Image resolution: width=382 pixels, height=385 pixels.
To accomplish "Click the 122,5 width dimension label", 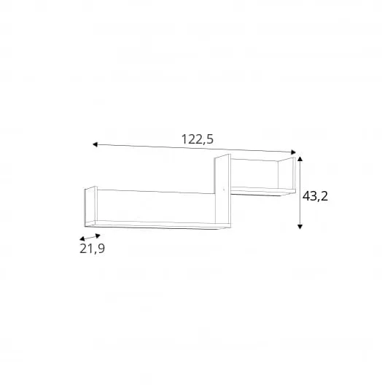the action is (198, 139).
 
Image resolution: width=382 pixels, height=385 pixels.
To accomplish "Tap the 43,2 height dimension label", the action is (315, 196).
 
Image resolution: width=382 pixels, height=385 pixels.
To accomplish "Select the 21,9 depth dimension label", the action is (92, 249).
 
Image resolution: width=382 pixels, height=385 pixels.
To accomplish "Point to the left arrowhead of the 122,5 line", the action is (95, 144).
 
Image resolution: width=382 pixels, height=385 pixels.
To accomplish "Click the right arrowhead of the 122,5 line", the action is (293, 152).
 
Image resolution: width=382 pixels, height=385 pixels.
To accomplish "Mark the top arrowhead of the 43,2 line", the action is (300, 159).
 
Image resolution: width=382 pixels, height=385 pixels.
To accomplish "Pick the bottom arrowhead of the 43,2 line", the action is (300, 227).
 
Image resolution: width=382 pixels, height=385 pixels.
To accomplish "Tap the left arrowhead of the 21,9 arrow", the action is (82, 238).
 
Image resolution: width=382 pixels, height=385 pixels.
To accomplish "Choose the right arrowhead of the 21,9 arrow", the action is (98, 236).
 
